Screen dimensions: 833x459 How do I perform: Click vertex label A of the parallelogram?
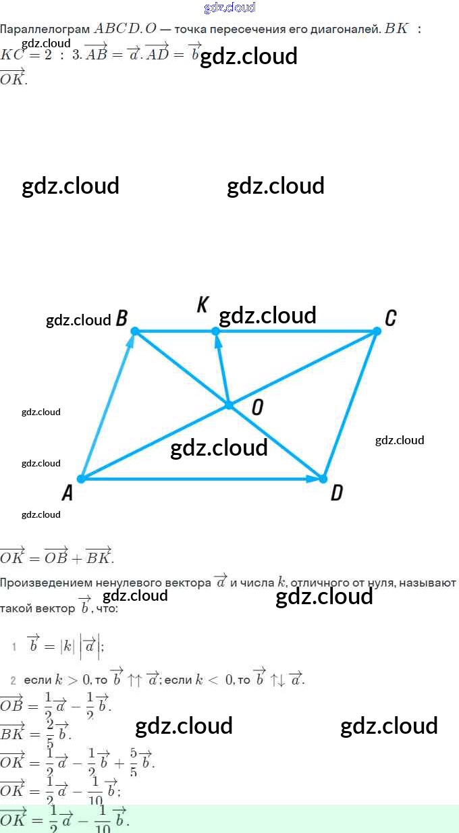pyautogui.click(x=67, y=494)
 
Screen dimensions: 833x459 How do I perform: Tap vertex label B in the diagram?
pyautogui.click(x=122, y=318)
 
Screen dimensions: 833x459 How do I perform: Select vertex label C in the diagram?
pyautogui.click(x=390, y=317)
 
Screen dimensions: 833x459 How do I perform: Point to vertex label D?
pyautogui.click(x=336, y=493)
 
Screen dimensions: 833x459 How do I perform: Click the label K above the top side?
pyautogui.click(x=202, y=305)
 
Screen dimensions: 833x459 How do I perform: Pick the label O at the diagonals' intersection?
pyautogui.click(x=256, y=406)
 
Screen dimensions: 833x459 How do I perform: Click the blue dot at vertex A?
pyautogui.click(x=81, y=479)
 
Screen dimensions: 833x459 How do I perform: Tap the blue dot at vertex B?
pyautogui.click(x=135, y=331)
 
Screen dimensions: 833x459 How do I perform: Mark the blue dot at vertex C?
pyautogui.click(x=377, y=331)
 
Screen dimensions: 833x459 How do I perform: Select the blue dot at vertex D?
pyautogui.click(x=323, y=479)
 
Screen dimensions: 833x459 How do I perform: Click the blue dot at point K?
pyautogui.click(x=215, y=331)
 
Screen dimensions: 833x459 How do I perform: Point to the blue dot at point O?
pyautogui.click(x=229, y=405)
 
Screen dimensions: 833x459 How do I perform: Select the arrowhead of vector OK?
pyautogui.click(x=217, y=340)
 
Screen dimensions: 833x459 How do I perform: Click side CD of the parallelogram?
pyautogui.click(x=350, y=405)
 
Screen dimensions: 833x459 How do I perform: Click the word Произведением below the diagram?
pyautogui.click(x=47, y=583)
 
